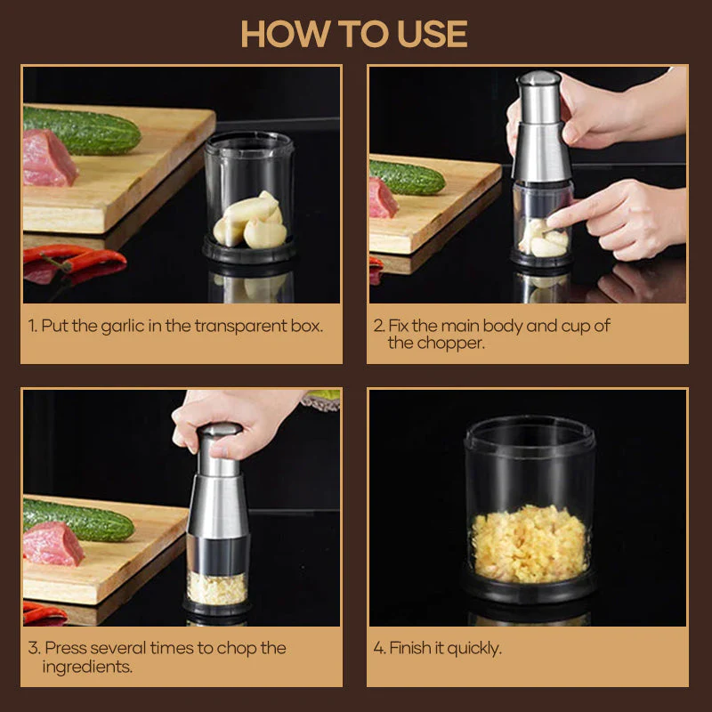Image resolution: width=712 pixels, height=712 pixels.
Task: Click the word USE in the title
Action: (423, 35)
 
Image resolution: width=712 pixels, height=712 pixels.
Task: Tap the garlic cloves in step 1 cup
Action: (252, 222)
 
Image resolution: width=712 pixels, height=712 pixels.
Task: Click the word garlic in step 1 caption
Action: (135, 326)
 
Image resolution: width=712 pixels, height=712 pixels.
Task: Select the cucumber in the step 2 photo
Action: (408, 178)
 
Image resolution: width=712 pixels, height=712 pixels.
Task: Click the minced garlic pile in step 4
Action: (530, 543)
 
